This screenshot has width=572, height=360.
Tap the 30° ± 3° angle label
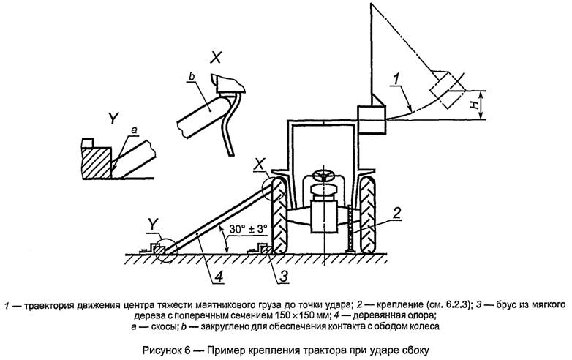pyautogui.click(x=249, y=230)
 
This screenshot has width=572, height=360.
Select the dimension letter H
pyautogui.click(x=474, y=105)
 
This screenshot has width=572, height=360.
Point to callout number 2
pyautogui.click(x=396, y=213)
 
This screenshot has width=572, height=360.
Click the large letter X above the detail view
pyautogui.click(x=216, y=58)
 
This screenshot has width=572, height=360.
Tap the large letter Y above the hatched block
pyautogui.click(x=113, y=119)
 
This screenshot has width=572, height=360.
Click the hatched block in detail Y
pyautogui.click(x=97, y=162)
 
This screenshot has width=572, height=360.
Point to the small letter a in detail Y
pyautogui.click(x=134, y=129)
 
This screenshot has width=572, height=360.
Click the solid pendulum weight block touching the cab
pyautogui.click(x=371, y=120)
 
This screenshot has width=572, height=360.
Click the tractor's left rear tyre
pyautogui.click(x=279, y=215)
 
